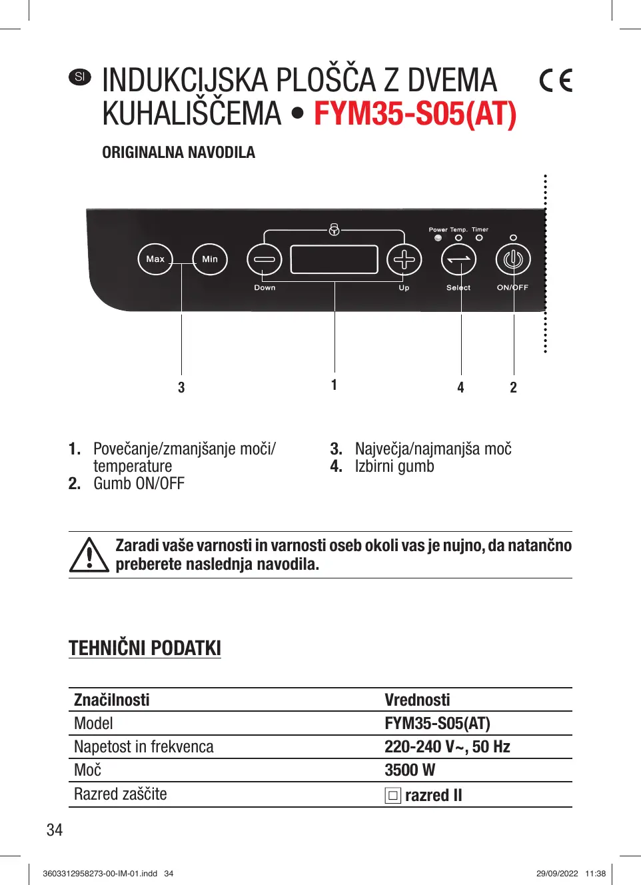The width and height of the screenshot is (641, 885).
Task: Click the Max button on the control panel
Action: [x=155, y=259]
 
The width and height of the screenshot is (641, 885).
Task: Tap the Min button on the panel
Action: [x=210, y=259]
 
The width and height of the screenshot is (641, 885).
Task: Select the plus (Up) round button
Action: [x=404, y=259]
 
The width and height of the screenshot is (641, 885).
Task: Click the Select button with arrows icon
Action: [x=459, y=259]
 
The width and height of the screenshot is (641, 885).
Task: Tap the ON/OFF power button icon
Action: [x=513, y=259]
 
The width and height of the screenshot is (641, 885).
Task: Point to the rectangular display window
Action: [x=334, y=259]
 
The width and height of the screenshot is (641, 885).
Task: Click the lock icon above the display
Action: [x=334, y=230]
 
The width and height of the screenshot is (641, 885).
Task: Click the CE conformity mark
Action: [x=556, y=81]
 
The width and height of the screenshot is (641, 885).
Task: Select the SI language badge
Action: [x=80, y=77]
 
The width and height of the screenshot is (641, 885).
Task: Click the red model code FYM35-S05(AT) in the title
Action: [x=415, y=114]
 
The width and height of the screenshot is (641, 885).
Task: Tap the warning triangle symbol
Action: [x=89, y=555]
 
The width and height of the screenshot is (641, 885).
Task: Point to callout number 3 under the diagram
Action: [x=181, y=388]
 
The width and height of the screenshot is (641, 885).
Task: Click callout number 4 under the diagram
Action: [x=460, y=388]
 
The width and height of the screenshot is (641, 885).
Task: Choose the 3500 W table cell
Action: [x=410, y=770]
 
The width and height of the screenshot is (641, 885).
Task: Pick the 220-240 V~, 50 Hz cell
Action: [x=447, y=747]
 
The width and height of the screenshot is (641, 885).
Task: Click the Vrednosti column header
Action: [x=417, y=700]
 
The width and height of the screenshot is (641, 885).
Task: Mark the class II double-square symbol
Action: [x=392, y=796]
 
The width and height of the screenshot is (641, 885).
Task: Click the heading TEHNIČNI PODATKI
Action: [x=145, y=648]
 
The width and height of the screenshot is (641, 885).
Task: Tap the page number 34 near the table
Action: [x=55, y=830]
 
